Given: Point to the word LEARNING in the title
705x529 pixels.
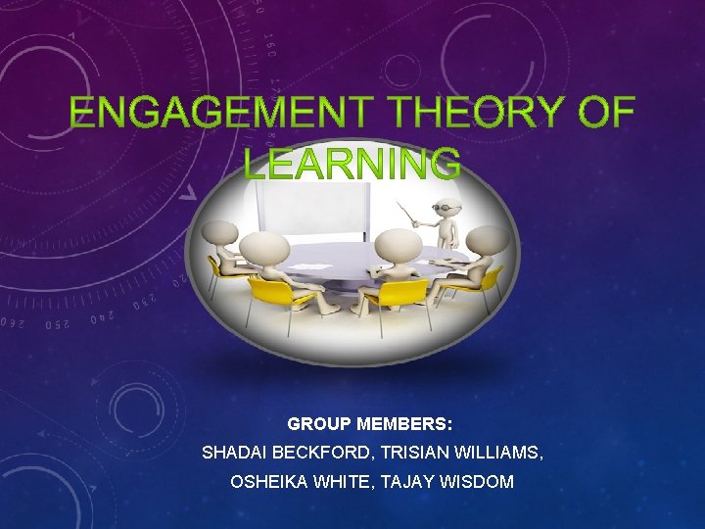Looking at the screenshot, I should (352, 163).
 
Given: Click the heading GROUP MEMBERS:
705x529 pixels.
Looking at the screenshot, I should (370, 425).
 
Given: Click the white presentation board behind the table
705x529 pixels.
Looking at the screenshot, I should (312, 207).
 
